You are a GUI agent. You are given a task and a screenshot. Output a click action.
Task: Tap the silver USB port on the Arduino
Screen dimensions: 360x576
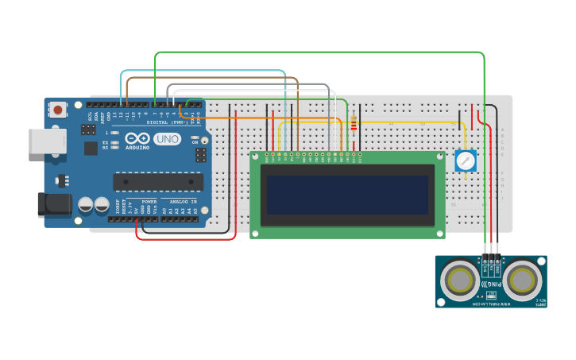(47, 141)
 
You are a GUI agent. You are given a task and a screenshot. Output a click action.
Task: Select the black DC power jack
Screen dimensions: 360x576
(55, 204)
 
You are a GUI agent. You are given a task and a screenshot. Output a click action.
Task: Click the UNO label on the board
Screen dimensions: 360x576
(167, 140)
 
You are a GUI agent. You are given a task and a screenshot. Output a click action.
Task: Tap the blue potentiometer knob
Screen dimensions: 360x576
(466, 161)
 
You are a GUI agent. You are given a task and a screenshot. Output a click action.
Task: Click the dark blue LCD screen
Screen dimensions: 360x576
(347, 195)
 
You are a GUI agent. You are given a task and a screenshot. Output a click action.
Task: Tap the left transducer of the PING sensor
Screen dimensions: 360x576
(461, 281)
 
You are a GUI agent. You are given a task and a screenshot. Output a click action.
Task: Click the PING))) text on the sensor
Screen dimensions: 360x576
(492, 284)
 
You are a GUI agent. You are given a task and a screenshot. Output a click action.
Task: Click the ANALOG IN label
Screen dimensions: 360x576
(182, 201)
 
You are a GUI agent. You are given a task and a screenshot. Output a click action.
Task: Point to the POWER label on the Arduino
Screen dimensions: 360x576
(149, 201)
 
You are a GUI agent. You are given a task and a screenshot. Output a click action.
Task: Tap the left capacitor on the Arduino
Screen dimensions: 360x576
(86, 205)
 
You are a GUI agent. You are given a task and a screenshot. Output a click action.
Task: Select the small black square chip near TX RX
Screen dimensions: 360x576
(91, 148)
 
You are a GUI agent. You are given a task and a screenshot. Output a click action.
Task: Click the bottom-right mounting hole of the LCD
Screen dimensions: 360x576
(439, 233)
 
